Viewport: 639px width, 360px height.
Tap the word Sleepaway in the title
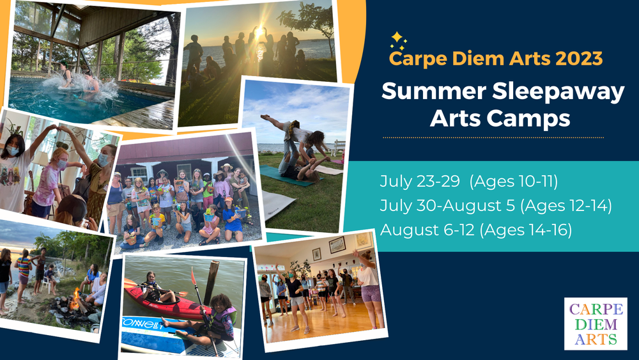coord(558,91)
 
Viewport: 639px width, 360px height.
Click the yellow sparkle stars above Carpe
coord(397,41)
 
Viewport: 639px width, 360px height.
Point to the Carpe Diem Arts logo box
coord(596,324)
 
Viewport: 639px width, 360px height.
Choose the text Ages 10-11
coord(514,182)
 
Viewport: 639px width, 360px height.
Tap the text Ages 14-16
coord(526,230)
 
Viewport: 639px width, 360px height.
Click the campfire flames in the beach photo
coord(75,300)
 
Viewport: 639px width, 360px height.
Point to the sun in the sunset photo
coord(258,31)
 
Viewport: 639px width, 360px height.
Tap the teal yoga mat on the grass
coord(285,176)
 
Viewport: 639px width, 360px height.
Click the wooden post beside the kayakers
coord(211,282)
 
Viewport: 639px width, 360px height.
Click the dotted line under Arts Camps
coord(493,138)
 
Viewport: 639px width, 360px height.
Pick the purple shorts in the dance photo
coord(371,293)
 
